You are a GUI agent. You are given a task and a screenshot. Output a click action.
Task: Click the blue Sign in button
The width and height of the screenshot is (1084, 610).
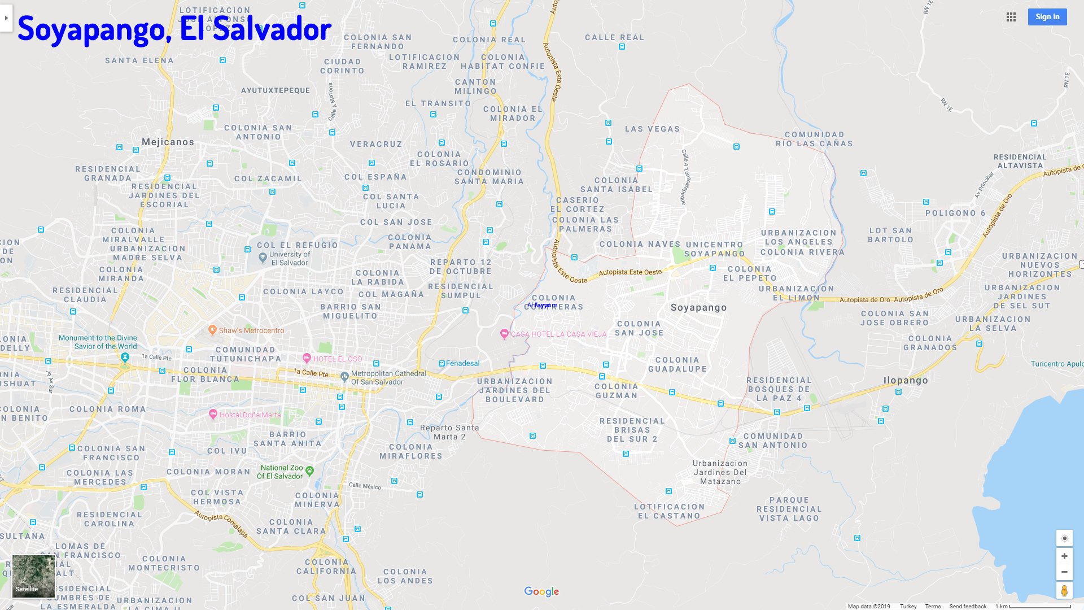(1047, 17)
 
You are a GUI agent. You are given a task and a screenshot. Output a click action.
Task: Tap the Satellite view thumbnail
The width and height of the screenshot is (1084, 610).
(33, 576)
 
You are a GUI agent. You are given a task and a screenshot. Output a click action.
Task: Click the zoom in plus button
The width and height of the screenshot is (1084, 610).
(1064, 556)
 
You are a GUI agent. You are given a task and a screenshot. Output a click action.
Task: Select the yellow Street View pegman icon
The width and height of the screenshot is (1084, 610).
(1064, 590)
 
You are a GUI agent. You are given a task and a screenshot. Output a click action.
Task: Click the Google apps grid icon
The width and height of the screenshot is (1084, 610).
(1011, 17)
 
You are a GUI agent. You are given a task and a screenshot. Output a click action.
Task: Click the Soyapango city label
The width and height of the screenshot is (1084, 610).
(698, 308)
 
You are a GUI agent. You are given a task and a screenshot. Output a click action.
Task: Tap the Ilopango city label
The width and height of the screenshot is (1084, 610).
(906, 381)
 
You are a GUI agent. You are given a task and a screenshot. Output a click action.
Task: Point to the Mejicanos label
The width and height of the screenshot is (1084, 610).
(168, 142)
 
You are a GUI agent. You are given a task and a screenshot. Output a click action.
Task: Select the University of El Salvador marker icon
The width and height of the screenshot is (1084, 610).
(263, 258)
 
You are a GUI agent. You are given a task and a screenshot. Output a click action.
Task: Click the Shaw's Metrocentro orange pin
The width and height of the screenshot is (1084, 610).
(213, 330)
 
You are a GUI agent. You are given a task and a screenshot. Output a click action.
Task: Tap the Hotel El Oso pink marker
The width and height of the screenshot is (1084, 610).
(307, 358)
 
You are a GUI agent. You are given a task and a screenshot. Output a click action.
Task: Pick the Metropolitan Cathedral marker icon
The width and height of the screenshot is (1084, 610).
(344, 376)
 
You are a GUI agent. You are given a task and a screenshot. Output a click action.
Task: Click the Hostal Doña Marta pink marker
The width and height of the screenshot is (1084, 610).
(213, 414)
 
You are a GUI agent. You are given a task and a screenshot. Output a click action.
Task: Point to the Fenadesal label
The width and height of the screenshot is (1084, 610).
(462, 363)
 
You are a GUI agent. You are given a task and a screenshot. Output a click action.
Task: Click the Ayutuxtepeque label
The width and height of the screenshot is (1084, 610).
(276, 90)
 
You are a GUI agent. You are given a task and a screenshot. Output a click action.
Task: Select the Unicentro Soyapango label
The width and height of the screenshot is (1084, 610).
(714, 249)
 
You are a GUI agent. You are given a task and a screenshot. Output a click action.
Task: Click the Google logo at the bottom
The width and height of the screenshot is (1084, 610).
(541, 591)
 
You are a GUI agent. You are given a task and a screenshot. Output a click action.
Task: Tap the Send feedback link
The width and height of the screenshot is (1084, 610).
(968, 606)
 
